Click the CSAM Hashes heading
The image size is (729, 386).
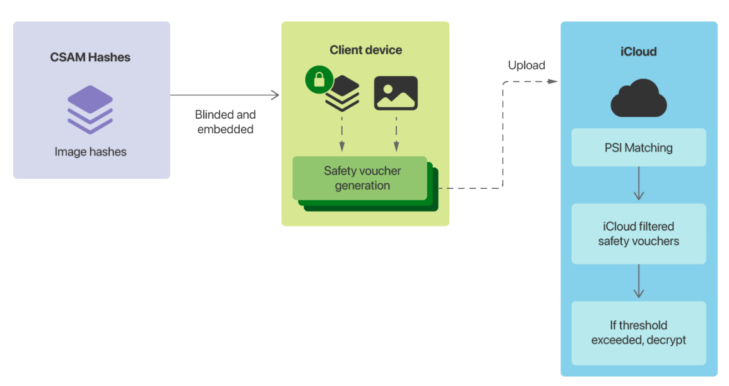90,57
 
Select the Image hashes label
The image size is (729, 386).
90,152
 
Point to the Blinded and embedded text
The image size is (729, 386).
225,122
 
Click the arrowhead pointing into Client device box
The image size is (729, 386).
275,95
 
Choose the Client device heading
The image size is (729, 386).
365,50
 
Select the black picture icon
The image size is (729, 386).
396,93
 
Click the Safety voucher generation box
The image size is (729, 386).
360,178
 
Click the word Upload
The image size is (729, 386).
526,65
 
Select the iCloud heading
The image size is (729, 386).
638,52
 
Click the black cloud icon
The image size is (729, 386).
638,99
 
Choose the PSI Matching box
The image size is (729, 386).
638,148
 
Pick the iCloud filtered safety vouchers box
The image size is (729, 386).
638,233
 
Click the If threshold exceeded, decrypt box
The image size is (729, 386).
638,333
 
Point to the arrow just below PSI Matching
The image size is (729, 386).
639,184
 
